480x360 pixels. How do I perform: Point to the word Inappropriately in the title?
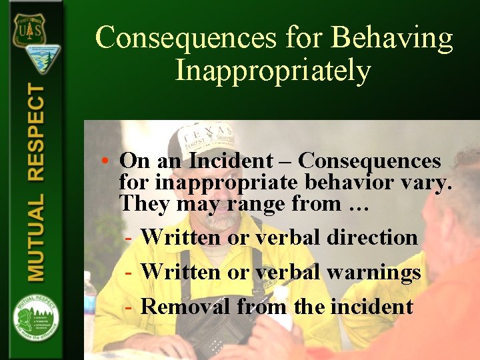(273, 69)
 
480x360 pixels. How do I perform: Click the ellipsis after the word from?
(359, 205)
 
